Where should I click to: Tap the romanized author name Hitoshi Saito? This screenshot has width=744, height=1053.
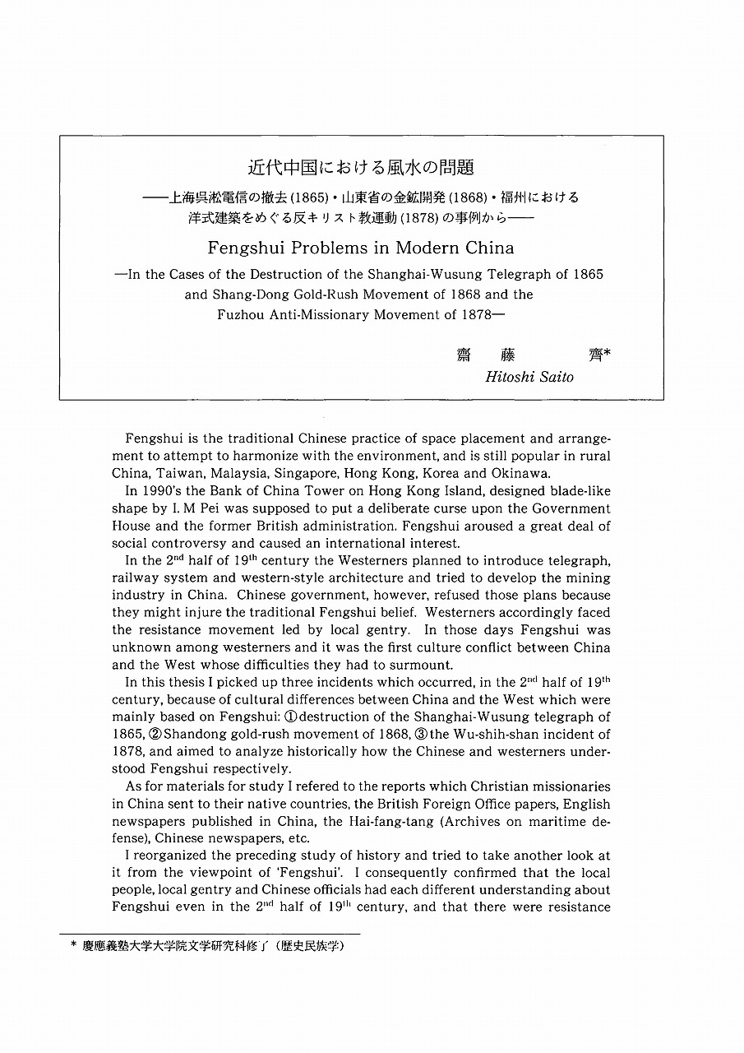(x=530, y=377)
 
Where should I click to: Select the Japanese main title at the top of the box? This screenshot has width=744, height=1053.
(x=362, y=168)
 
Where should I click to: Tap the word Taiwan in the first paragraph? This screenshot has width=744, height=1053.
(x=178, y=473)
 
